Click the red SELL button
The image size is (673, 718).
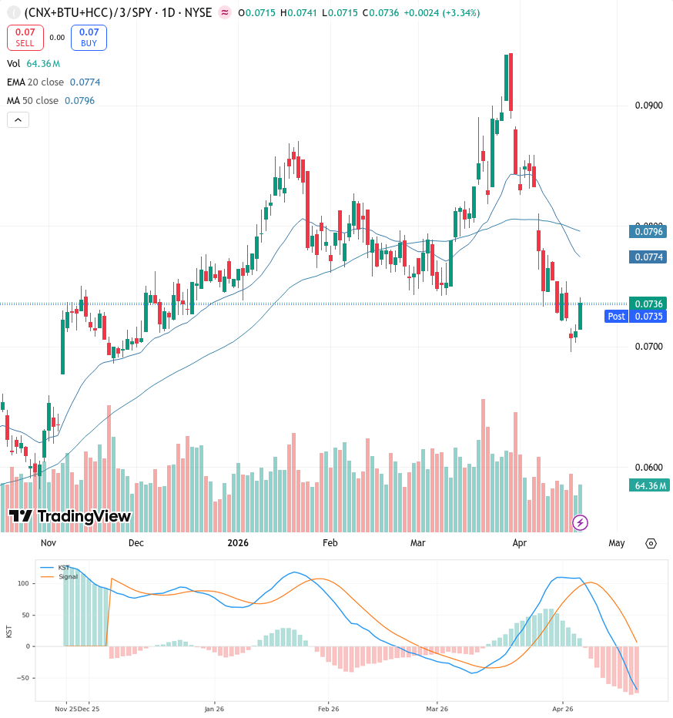25,38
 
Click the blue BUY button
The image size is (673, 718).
89,38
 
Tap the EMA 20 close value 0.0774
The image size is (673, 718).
85,82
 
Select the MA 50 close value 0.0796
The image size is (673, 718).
79,100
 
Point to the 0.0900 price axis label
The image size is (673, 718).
648,106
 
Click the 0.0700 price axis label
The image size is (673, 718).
648,346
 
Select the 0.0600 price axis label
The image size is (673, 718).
648,467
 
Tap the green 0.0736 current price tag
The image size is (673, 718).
648,304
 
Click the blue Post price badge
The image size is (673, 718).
616,316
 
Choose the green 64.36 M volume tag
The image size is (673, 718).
649,485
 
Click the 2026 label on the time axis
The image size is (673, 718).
238,542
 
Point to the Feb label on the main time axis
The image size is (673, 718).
330,542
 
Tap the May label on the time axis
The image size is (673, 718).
617,542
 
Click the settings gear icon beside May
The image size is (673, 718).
651,544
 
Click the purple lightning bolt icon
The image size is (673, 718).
580,522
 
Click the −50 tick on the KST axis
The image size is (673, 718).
23,678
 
